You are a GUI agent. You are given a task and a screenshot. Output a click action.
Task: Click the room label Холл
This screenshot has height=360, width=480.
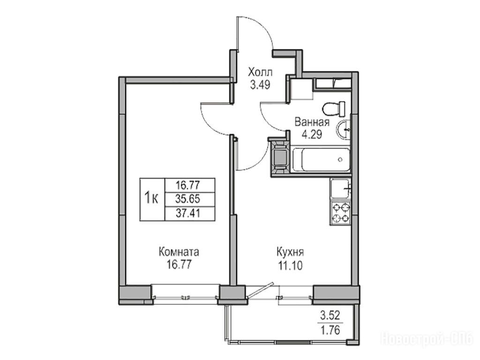pyautogui.click(x=260, y=73)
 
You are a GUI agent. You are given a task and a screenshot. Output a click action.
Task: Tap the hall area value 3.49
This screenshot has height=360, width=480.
pyautogui.click(x=260, y=85)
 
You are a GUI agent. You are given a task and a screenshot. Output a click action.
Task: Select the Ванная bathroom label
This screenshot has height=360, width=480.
pyautogui.click(x=312, y=122)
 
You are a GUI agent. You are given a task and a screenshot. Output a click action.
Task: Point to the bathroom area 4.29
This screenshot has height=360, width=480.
pyautogui.click(x=312, y=135)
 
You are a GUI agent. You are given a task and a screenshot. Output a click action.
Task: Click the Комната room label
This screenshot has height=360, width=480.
pyautogui.click(x=179, y=252)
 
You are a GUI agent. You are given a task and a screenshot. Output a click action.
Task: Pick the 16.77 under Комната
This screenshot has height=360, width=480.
pyautogui.click(x=179, y=264)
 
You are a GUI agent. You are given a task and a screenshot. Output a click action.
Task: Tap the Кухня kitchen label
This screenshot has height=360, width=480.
pyautogui.click(x=290, y=253)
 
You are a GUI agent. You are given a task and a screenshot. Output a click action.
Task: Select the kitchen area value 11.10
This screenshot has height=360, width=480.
pyautogui.click(x=290, y=265)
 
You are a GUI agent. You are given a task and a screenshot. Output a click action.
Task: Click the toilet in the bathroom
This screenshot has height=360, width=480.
pyautogui.click(x=334, y=109)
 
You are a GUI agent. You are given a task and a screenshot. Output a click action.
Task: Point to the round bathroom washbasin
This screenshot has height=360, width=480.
pyautogui.click(x=343, y=129)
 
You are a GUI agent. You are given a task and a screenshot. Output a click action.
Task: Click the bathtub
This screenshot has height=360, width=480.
pyautogui.click(x=321, y=159)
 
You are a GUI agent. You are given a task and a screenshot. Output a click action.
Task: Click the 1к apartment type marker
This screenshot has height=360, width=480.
pyautogui.click(x=151, y=198)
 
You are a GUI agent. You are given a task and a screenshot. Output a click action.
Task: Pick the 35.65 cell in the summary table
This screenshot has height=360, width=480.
pyautogui.click(x=187, y=199)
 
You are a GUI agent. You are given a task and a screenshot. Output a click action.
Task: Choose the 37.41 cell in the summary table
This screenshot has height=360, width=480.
pyautogui.click(x=187, y=213)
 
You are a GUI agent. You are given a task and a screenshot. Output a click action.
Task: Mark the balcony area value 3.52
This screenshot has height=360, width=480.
pyautogui.click(x=330, y=315)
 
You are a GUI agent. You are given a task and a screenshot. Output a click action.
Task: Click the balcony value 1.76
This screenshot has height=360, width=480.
pyautogui.click(x=330, y=330)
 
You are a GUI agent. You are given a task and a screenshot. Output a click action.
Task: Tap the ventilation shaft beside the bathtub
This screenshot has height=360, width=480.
pyautogui.click(x=280, y=157)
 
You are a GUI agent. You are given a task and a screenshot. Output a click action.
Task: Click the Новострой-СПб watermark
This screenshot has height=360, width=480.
pyautogui.click(x=427, y=339)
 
